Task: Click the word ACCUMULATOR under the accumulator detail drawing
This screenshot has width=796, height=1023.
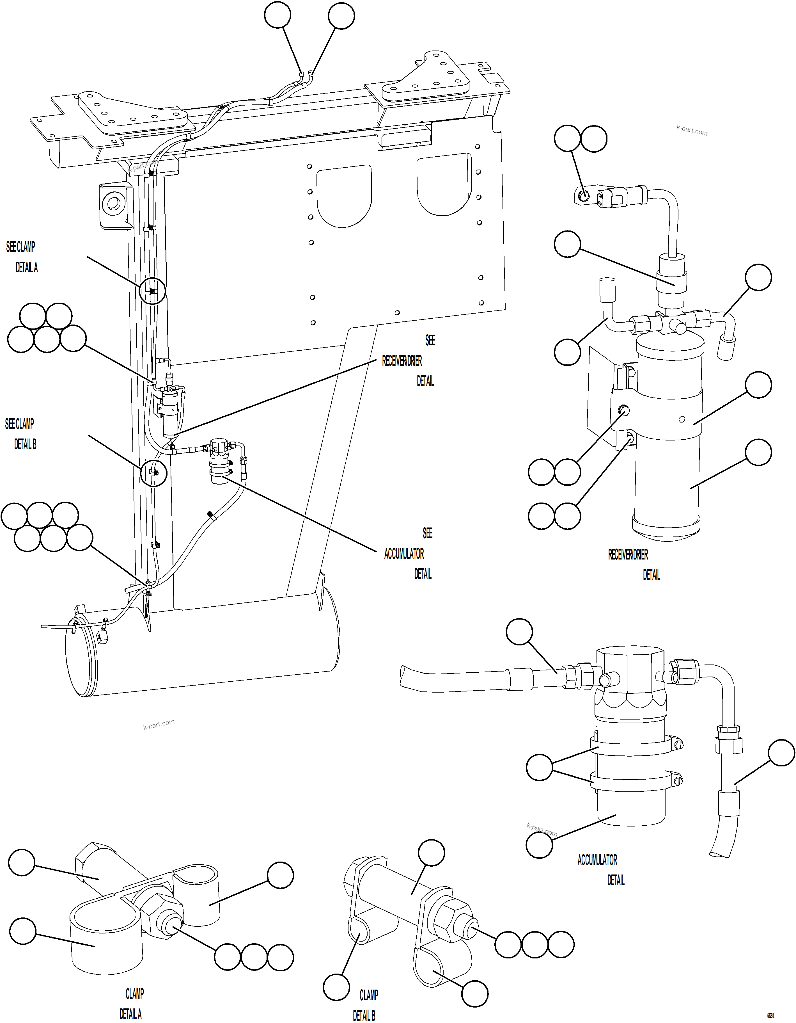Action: (x=597, y=860)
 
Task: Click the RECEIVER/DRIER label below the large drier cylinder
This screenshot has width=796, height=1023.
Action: (x=628, y=555)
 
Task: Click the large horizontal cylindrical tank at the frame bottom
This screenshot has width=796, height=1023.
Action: (x=201, y=651)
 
